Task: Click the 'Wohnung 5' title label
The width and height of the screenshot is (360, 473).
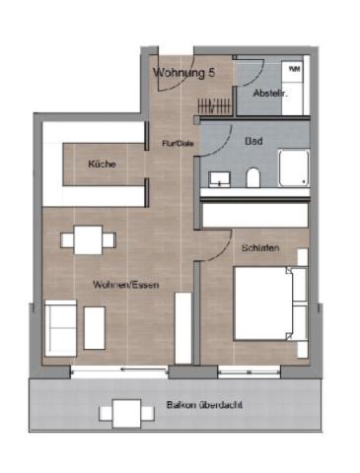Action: tap(184, 72)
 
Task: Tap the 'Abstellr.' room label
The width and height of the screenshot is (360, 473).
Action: tap(269, 93)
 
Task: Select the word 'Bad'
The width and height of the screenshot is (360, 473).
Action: tap(253, 141)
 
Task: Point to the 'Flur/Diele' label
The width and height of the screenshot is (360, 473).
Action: tap(177, 144)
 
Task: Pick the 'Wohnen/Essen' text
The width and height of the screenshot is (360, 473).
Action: tap(126, 285)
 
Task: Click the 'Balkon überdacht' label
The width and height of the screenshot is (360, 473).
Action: tap(205, 405)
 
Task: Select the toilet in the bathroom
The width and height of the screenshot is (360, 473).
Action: tap(253, 177)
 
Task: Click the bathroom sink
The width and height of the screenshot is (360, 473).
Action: tap(219, 178)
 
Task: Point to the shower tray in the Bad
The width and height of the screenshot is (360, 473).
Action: tap(293, 169)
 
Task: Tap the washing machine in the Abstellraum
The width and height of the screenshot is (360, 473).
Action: tap(294, 74)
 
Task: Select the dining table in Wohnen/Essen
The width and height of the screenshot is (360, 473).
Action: tap(89, 239)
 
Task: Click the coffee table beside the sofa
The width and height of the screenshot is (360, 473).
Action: tap(95, 327)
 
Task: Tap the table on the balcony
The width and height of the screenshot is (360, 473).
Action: tap(126, 411)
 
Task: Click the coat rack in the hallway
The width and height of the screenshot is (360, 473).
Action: tap(214, 103)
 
